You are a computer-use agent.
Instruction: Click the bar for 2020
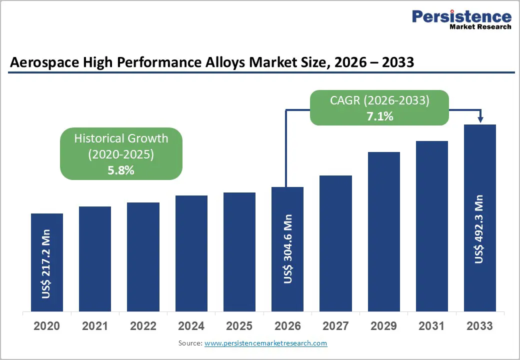tap(47, 262)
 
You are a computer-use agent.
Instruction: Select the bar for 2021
tap(95, 259)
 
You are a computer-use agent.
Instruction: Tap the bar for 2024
tap(191, 253)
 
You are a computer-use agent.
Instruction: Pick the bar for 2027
tap(335, 243)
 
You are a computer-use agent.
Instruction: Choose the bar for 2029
tap(383, 231)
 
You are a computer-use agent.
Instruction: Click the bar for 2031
tap(431, 226)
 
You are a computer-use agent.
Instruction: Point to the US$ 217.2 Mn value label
tap(46, 264)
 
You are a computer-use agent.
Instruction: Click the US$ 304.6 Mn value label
tap(288, 249)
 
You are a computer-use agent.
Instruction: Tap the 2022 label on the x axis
tap(143, 326)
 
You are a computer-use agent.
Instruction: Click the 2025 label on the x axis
tap(239, 326)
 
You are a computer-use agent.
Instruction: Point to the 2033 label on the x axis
tap(479, 326)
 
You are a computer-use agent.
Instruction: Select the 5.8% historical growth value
tap(121, 170)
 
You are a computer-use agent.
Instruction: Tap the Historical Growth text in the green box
tap(121, 138)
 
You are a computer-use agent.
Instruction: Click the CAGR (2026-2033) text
tap(379, 100)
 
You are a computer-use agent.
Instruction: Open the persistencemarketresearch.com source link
tap(265, 343)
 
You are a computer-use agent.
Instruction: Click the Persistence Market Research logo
tap(461, 20)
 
